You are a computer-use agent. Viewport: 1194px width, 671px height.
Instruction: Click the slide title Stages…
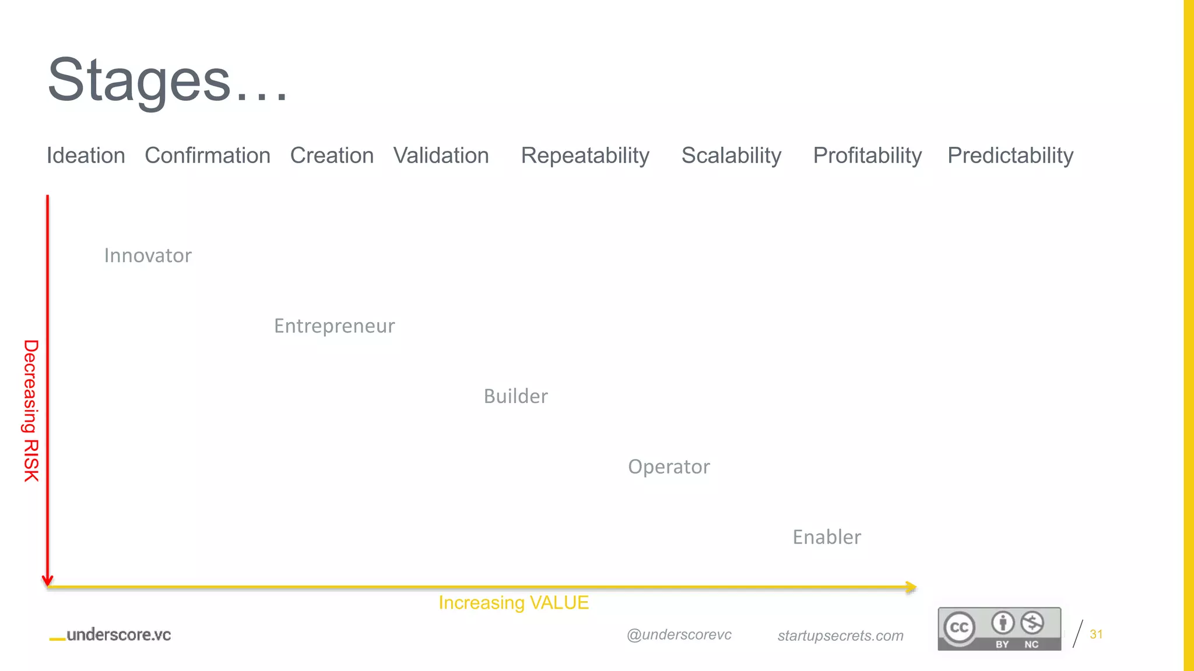click(167, 80)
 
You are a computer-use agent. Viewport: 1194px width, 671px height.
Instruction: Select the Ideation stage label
click(86, 156)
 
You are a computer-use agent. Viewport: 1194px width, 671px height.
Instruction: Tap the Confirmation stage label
click(208, 156)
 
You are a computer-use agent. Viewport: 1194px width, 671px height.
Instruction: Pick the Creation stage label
click(332, 156)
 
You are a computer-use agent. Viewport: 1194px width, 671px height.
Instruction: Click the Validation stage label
click(441, 156)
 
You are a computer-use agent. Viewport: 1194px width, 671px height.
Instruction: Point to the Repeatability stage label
click(585, 156)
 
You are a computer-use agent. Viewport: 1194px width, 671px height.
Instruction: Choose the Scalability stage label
click(731, 156)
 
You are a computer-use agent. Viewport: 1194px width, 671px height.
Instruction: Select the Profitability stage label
click(868, 156)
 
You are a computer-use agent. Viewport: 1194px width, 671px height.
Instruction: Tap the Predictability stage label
click(1010, 156)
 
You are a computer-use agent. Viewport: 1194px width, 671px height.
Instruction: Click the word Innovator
click(148, 256)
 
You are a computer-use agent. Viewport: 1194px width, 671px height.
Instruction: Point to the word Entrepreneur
click(335, 326)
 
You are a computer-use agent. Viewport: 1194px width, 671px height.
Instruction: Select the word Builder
click(516, 397)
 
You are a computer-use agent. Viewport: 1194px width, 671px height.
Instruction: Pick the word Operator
click(669, 467)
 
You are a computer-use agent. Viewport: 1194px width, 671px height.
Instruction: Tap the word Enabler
click(827, 537)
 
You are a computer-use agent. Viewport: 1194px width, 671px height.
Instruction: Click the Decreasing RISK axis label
click(31, 411)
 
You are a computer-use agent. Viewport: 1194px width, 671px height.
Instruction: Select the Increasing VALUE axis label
click(514, 603)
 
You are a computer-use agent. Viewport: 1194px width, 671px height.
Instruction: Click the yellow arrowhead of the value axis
click(911, 587)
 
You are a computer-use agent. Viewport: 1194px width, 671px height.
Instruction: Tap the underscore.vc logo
click(111, 635)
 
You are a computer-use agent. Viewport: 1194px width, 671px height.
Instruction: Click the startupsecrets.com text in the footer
click(840, 635)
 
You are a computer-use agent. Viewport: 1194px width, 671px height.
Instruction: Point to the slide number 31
click(1096, 634)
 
